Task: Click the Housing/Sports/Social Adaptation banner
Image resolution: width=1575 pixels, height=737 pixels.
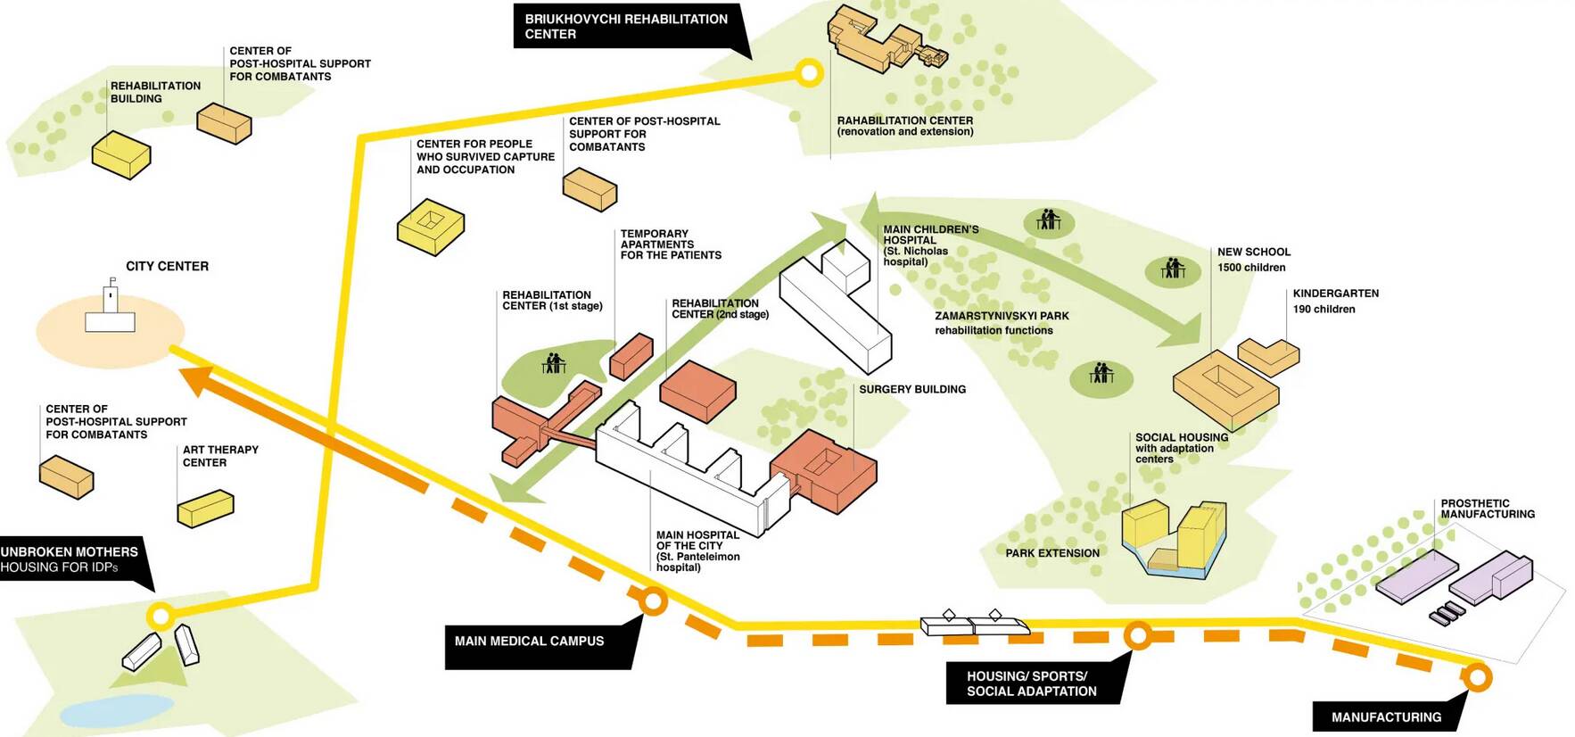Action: pyautogui.click(x=1031, y=683)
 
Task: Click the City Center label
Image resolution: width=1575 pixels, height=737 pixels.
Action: pyautogui.click(x=167, y=266)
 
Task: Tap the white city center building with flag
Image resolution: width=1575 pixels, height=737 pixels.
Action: pyautogui.click(x=110, y=314)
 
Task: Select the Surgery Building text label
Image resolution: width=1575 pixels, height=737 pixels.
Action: pyautogui.click(x=911, y=389)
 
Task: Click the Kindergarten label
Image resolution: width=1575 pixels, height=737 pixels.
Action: pyautogui.click(x=1335, y=294)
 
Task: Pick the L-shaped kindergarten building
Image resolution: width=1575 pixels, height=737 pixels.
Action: pyautogui.click(x=1268, y=356)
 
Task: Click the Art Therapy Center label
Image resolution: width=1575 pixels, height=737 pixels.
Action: pyautogui.click(x=220, y=456)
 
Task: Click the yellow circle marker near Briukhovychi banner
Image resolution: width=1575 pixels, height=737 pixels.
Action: pyautogui.click(x=808, y=72)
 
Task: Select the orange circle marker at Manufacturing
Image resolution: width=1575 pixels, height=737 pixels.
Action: pyautogui.click(x=1476, y=677)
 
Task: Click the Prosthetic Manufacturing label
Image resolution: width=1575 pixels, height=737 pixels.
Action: pyautogui.click(x=1487, y=509)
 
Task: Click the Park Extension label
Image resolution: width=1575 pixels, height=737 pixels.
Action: pyautogui.click(x=1051, y=553)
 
